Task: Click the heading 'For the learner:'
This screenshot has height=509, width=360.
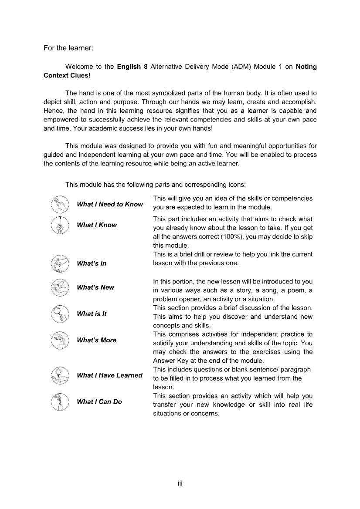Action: click(x=68, y=47)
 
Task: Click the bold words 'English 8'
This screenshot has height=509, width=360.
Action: click(x=129, y=67)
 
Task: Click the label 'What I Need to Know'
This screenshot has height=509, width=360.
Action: click(x=110, y=204)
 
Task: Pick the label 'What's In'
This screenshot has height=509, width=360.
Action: click(x=92, y=263)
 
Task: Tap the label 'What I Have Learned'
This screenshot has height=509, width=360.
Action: click(x=109, y=375)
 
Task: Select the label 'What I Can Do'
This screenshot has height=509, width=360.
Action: click(x=99, y=402)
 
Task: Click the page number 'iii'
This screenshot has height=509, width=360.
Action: click(x=180, y=483)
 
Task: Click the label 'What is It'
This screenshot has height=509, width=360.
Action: click(x=92, y=314)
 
